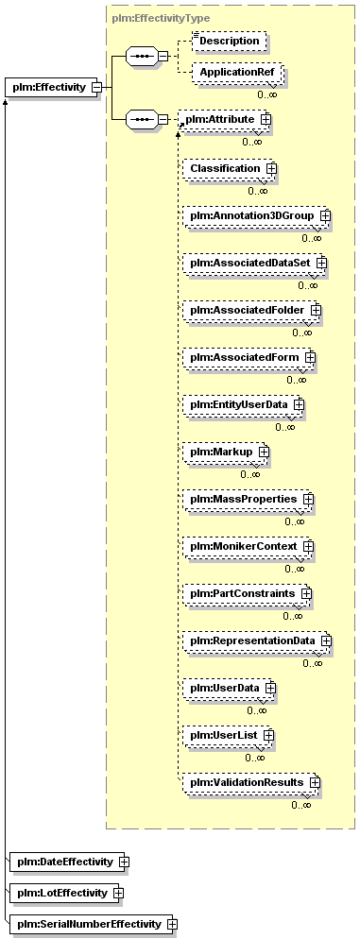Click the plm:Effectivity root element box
coord(53,88)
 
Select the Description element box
coord(229,42)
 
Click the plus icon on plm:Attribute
coord(265,119)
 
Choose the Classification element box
coord(230,168)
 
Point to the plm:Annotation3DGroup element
coord(258,215)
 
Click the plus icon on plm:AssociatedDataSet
coord(321,263)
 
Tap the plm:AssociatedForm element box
coord(249,357)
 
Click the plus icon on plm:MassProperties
coord(308,498)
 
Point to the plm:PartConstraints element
coord(248,593)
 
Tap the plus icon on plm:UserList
coord(269,734)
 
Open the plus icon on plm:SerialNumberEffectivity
coord(172,924)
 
